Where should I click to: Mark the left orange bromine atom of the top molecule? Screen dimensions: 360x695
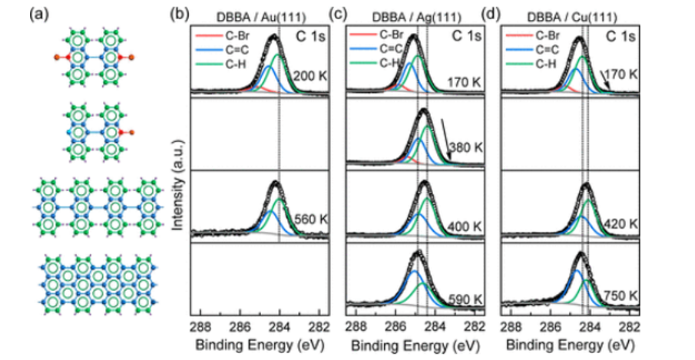coord(58,57)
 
